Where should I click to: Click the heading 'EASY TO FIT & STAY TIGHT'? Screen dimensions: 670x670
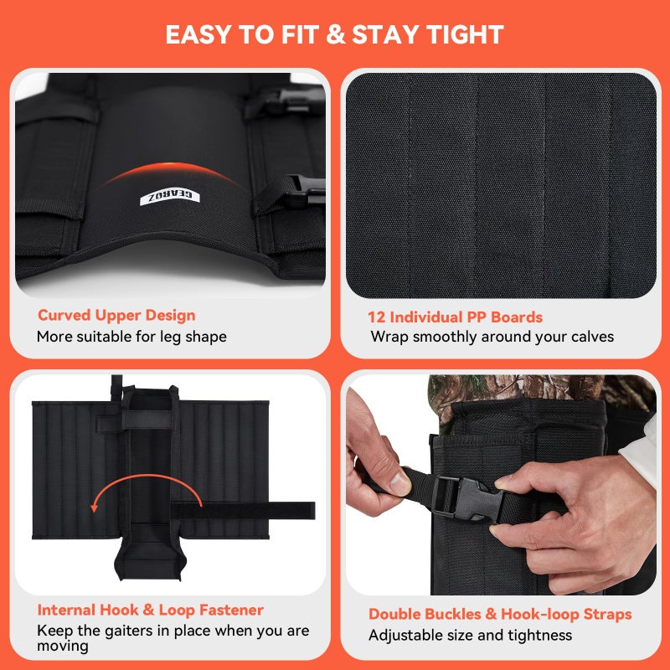pos(334,34)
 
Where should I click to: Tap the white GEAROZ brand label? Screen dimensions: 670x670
pos(170,197)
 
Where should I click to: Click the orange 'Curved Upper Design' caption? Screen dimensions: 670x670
pos(116,316)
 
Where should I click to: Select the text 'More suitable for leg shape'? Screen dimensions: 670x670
pos(131,337)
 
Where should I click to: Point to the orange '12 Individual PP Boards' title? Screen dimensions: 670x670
pos(455,317)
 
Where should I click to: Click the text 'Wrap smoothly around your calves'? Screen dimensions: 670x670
pos(492,337)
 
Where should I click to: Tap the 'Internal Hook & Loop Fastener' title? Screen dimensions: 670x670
pos(151,610)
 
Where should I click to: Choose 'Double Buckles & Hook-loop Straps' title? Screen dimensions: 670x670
pos(500,614)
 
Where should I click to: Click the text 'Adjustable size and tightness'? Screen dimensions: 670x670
pos(471,636)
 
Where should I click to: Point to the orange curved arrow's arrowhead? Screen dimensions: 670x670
pos(95,508)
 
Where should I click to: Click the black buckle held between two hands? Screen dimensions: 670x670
pos(466,498)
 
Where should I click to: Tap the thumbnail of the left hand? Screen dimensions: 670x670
pos(399,483)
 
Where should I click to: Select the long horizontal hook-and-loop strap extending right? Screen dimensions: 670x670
pos(244,511)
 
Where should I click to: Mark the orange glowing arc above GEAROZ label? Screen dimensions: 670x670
pos(170,173)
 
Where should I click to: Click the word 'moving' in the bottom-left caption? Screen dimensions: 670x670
pos(63,646)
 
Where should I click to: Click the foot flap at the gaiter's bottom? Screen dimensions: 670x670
pos(150,559)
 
